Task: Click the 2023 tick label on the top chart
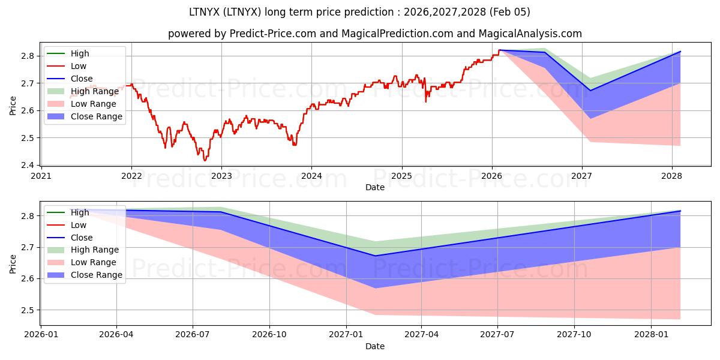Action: tap(221, 176)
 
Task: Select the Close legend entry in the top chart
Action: tap(82, 79)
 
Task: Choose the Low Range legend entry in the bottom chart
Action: tap(94, 262)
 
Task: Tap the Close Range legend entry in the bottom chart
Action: tap(97, 275)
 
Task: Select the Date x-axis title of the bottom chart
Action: tap(375, 346)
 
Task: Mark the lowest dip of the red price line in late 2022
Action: tap(205, 160)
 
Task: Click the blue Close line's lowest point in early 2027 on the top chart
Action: tap(590, 91)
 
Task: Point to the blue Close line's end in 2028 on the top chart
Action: tap(680, 52)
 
